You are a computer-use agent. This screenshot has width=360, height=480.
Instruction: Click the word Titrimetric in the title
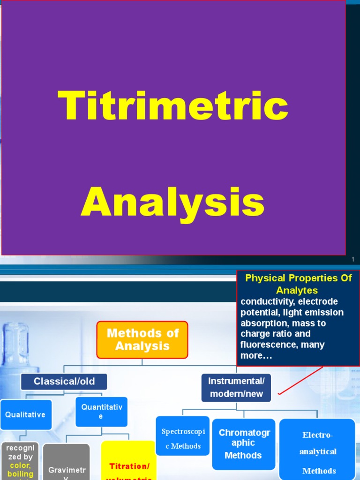173,105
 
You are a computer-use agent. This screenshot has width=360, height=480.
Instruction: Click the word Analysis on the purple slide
173,202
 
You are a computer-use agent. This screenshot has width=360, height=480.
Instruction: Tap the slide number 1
352,260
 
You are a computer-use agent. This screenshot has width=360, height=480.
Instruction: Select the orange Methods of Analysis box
142,339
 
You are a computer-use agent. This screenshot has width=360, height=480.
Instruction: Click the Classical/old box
64,382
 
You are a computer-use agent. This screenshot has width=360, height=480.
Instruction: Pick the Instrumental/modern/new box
236,387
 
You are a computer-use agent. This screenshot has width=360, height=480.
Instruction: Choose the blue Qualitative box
26,415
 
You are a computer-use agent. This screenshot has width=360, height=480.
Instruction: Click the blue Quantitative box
102,412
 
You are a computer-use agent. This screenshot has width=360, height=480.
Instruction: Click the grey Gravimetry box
66,469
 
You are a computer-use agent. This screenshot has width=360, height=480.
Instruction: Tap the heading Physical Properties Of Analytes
298,284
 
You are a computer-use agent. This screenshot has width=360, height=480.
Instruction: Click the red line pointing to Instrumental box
300,381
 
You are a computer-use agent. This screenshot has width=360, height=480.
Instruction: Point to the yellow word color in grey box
21,465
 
